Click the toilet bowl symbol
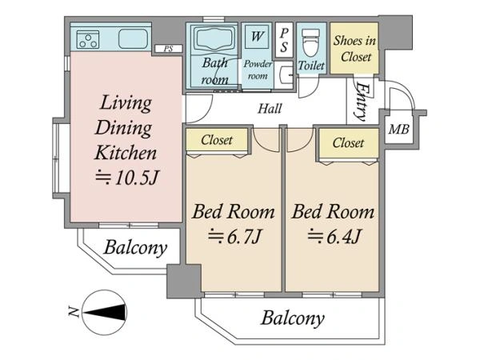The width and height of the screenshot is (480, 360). click(310, 43)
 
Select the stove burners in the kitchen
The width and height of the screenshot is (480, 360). click(88, 40)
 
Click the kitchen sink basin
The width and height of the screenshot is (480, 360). click(133, 39)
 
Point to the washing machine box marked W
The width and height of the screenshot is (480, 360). click(257, 37)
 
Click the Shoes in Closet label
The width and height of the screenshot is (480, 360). click(354, 48)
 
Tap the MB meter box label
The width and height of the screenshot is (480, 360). click(398, 129)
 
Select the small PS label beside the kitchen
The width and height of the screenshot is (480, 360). click(168, 49)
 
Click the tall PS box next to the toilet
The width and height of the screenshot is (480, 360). click(284, 40)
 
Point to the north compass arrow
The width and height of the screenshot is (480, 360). click(105, 313)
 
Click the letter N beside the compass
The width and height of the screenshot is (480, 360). click(74, 312)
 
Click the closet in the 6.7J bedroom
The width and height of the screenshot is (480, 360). click(217, 140)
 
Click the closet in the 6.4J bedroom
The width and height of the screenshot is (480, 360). click(349, 143)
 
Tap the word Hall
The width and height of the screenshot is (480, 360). click(270, 109)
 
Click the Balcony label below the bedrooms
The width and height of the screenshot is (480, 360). click(293, 318)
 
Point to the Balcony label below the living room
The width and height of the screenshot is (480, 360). click(136, 248)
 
